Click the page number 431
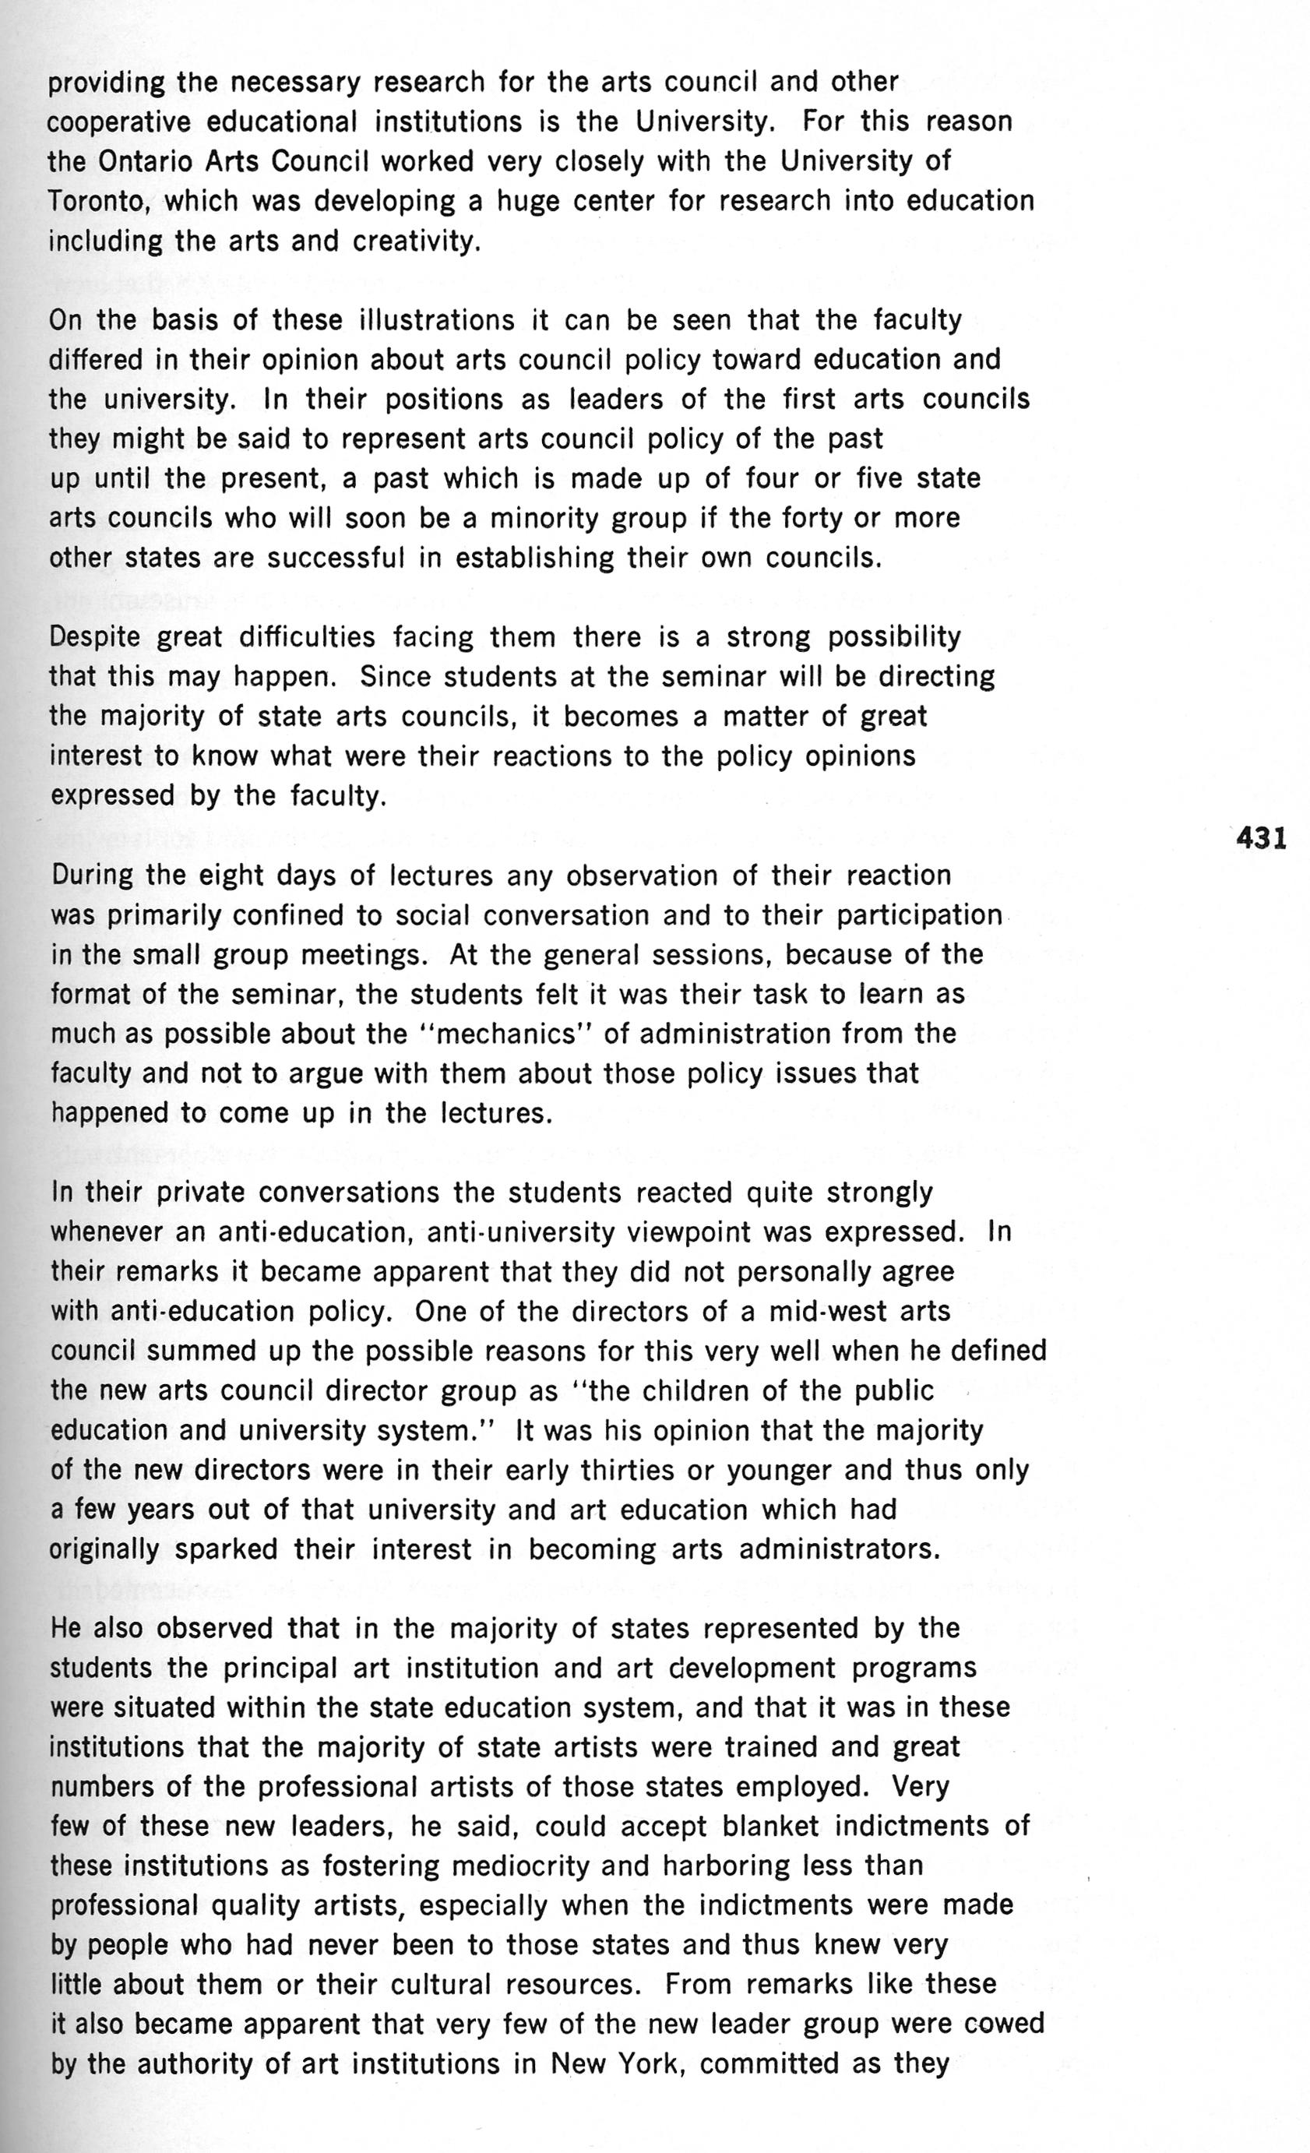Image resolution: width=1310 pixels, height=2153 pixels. (1261, 839)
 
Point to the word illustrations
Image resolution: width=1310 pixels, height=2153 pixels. (436, 321)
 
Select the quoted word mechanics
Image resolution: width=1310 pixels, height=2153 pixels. (508, 1034)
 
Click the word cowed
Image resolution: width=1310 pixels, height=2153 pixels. (1002, 2024)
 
